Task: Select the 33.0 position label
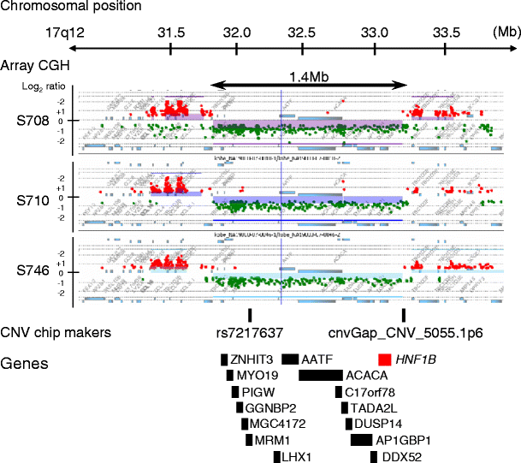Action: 375,32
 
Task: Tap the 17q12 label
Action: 68,32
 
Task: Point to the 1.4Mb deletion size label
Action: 309,74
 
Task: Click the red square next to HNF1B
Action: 385,359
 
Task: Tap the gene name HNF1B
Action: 417,359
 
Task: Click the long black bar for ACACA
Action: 320,375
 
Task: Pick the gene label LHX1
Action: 296,456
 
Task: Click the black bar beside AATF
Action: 290,359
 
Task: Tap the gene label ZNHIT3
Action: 252,359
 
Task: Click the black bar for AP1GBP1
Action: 361,440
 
